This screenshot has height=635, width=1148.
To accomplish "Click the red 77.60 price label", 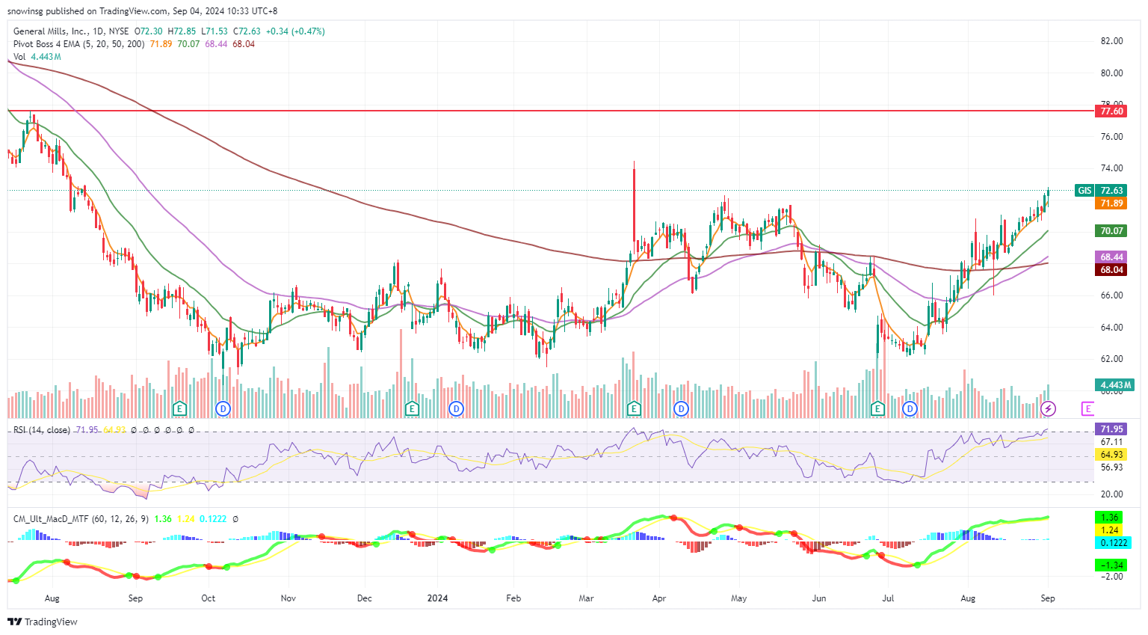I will pyautogui.click(x=1111, y=111).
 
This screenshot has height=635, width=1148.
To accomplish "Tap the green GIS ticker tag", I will pyautogui.click(x=1084, y=191).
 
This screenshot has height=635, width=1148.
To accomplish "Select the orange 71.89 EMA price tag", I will pyautogui.click(x=1111, y=203).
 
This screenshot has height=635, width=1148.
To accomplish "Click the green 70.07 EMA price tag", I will pyautogui.click(x=1111, y=231).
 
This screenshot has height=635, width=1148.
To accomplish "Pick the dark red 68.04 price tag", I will pyautogui.click(x=1111, y=270).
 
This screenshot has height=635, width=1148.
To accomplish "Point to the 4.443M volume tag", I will pyautogui.click(x=1115, y=385).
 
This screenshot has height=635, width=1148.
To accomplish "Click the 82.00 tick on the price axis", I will pyautogui.click(x=1111, y=41).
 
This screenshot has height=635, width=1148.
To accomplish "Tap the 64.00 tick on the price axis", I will pyautogui.click(x=1111, y=328).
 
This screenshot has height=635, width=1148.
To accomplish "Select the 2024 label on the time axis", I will pyautogui.click(x=437, y=598).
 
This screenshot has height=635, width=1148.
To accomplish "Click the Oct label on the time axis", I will pyautogui.click(x=209, y=598).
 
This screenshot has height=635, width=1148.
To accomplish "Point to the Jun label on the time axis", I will pyautogui.click(x=819, y=598).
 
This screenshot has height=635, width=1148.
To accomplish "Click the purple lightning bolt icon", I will pyautogui.click(x=1049, y=408).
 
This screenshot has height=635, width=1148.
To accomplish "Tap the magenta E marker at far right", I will pyautogui.click(x=1087, y=408).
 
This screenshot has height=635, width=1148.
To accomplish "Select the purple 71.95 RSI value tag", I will pyautogui.click(x=1111, y=429).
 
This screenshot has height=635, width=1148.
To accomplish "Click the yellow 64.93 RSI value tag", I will pyautogui.click(x=1111, y=455).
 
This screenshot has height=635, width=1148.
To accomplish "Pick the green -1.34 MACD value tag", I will pyautogui.click(x=1111, y=565).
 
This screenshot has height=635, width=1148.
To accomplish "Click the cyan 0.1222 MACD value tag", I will pyautogui.click(x=1111, y=543).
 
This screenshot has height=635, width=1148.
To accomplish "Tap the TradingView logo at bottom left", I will pyautogui.click(x=43, y=622).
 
